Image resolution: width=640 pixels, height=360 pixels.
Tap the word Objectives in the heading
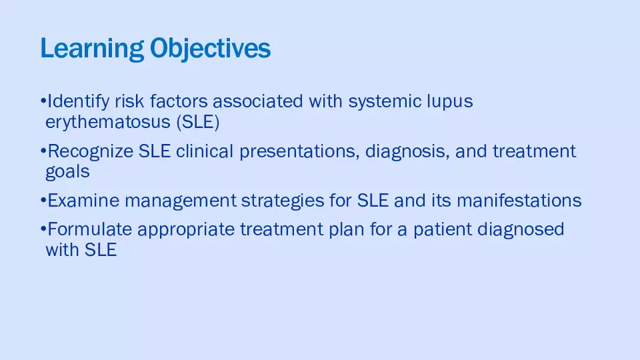pos(210,49)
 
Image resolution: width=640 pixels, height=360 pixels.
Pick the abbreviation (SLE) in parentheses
pos(196,121)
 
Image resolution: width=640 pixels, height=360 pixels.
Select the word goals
pos(67,172)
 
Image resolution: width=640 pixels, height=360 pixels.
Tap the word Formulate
pos(89,230)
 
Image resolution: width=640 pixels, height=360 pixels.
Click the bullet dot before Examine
pos(42,201)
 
